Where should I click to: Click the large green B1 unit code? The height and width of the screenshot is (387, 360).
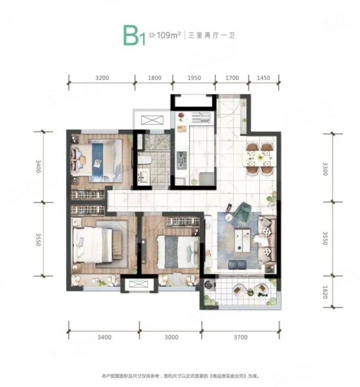[x=134, y=35]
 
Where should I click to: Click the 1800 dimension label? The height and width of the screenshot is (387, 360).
[x=154, y=78]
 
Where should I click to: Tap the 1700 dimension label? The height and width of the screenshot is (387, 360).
[x=232, y=78]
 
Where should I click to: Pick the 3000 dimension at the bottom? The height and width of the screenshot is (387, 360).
[x=171, y=338]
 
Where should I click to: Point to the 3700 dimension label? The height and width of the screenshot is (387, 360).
[x=240, y=338]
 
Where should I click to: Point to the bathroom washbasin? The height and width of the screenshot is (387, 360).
[x=143, y=177]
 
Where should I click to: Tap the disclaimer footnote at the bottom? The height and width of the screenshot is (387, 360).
[x=180, y=376]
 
